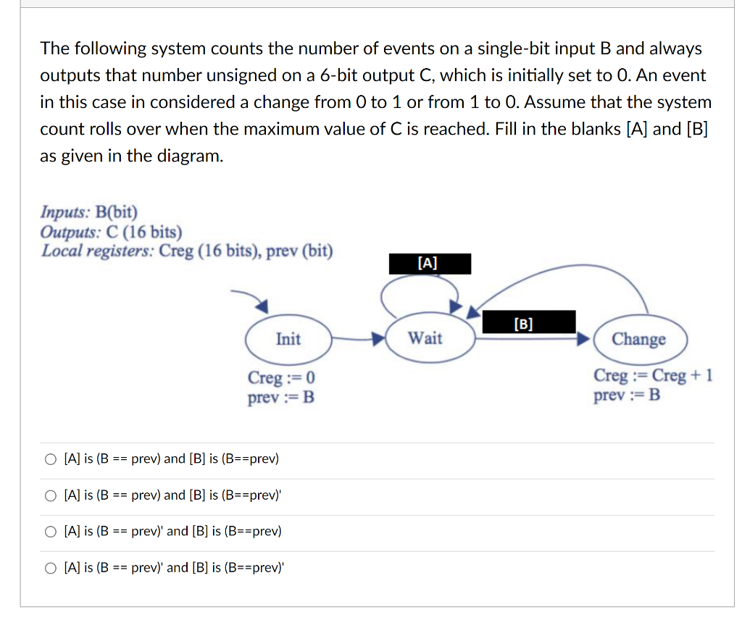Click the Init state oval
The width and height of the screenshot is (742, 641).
pyautogui.click(x=288, y=338)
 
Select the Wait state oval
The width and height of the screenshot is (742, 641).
pyautogui.click(x=425, y=338)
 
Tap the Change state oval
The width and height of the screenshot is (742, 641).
pyautogui.click(x=638, y=339)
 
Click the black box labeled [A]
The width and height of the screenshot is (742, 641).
pyautogui.click(x=429, y=264)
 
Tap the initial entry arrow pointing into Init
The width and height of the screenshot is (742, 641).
pyautogui.click(x=250, y=298)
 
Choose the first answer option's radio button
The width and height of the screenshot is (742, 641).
pyautogui.click(x=50, y=459)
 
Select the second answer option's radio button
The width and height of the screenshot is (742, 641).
pyautogui.click(x=50, y=495)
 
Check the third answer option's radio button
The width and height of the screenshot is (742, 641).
pyautogui.click(x=50, y=532)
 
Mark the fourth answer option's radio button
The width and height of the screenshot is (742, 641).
pyautogui.click(x=50, y=568)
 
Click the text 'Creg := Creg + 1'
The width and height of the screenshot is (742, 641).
pyautogui.click(x=653, y=376)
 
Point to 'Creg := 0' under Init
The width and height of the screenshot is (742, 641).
pyautogui.click(x=281, y=378)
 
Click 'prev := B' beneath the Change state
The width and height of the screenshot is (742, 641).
pyautogui.click(x=627, y=395)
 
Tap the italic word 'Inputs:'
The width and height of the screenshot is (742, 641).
pyautogui.click(x=64, y=212)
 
